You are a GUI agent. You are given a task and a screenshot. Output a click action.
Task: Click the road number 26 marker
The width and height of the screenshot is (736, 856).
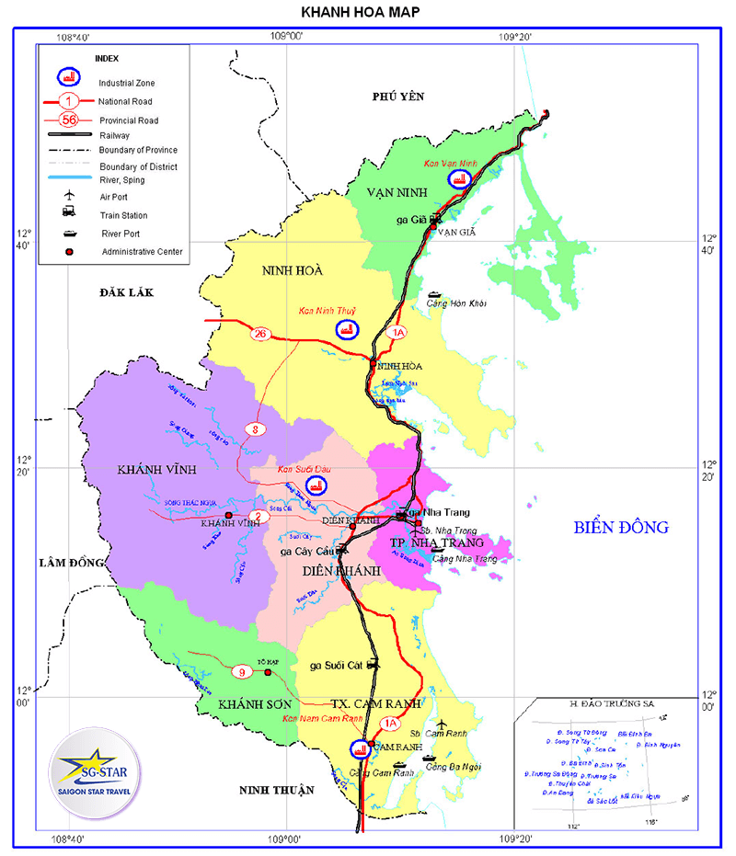(x=260, y=334)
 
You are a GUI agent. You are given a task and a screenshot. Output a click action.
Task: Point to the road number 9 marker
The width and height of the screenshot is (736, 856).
(x=243, y=672)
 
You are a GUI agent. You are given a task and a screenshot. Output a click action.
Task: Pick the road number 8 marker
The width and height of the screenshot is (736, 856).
(x=255, y=428)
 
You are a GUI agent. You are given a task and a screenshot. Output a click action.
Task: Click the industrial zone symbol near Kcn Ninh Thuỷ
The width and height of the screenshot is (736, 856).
(x=349, y=329)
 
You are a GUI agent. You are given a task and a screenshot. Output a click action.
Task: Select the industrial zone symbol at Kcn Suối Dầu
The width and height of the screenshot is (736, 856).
(x=316, y=485)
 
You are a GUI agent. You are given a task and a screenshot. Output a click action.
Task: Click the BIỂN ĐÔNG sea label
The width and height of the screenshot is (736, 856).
(x=621, y=528)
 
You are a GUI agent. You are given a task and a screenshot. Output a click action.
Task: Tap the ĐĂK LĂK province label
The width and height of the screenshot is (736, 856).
(x=130, y=292)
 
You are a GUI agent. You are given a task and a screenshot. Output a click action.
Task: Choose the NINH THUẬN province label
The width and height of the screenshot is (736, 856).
(x=276, y=790)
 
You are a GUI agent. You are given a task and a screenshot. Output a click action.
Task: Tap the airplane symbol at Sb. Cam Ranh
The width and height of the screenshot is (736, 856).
(x=442, y=724)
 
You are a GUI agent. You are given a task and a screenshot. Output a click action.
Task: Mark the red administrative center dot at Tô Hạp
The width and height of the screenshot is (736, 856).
(x=268, y=672)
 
